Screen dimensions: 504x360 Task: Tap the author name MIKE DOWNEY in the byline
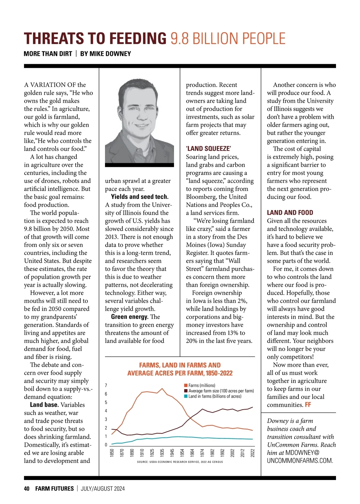(106, 54)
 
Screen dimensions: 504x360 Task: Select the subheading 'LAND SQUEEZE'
(208, 149)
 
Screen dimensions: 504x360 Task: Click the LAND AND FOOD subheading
(290, 213)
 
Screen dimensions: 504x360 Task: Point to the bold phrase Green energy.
(130, 317)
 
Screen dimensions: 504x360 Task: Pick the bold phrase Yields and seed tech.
(139, 197)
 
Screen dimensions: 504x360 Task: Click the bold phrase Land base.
(44, 405)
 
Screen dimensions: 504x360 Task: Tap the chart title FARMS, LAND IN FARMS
(180, 365)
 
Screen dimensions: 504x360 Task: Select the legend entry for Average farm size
(221, 391)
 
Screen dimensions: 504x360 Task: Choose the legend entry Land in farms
(214, 396)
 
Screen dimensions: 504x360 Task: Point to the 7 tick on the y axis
(106, 385)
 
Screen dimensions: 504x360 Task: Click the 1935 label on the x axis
(162, 453)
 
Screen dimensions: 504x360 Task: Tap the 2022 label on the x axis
(253, 453)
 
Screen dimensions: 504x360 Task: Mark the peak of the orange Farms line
(162, 388)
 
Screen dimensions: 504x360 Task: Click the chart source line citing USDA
(180, 462)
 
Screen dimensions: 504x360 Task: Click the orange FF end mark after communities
(308, 405)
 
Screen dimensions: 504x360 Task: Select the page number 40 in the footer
(27, 489)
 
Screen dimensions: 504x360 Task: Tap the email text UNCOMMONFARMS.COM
(300, 461)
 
